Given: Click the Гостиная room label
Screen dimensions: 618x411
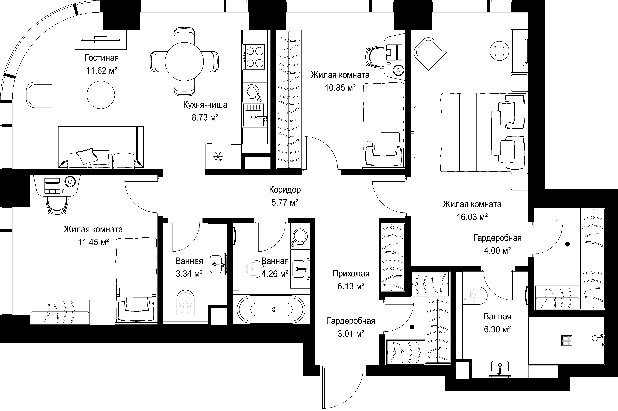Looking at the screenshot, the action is tap(101, 58).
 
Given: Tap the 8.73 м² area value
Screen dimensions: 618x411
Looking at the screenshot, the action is tap(205, 117).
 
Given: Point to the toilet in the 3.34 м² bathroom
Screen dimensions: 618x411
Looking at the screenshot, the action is tap(186, 302).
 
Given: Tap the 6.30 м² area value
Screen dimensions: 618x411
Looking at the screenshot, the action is tap(497, 329).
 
